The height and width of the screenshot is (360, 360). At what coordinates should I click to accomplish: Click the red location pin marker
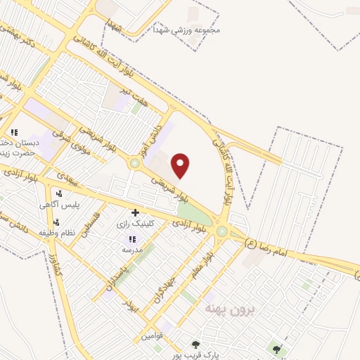pos(181,165)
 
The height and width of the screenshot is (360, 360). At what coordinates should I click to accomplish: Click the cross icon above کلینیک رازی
pos(135,212)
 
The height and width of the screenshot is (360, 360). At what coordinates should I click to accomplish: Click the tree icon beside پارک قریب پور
pos(196,345)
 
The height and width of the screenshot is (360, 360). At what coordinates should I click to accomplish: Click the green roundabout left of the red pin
pos(134,164)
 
